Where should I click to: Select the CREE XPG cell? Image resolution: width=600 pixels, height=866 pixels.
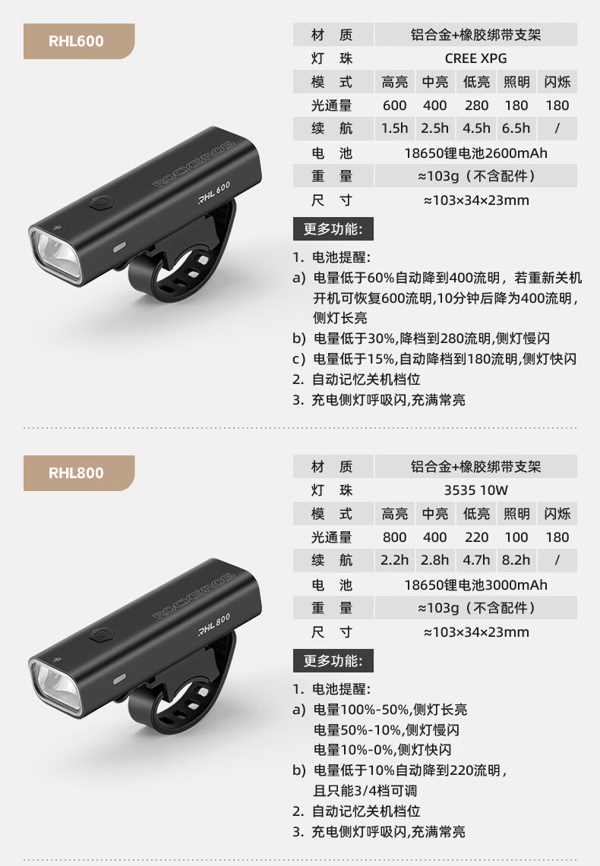coord(475,58)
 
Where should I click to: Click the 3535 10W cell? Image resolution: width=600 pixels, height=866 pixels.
coord(475,490)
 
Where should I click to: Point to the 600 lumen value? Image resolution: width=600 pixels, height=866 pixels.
coord(394,105)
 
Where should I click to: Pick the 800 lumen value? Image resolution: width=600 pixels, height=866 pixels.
coord(394,537)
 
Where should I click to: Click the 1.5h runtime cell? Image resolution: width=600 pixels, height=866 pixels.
coord(394,129)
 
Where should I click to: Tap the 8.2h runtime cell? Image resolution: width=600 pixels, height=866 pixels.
coord(516,561)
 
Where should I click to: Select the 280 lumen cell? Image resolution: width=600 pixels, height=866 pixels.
coord(476,105)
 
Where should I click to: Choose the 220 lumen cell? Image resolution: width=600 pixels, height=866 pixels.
coord(476,537)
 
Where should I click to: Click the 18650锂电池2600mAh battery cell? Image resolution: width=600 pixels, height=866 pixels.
coord(475,153)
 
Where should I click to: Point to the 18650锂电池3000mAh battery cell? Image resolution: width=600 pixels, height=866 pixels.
coord(475,585)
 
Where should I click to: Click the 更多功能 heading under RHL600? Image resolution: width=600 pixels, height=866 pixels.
coord(333,229)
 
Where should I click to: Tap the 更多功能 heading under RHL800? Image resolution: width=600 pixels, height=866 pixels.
coord(333,661)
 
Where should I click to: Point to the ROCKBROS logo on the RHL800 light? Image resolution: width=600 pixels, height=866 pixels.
coord(194,595)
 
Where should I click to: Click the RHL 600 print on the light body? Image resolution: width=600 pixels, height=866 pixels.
coord(214,193)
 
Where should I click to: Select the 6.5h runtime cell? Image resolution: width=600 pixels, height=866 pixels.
coord(516,129)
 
